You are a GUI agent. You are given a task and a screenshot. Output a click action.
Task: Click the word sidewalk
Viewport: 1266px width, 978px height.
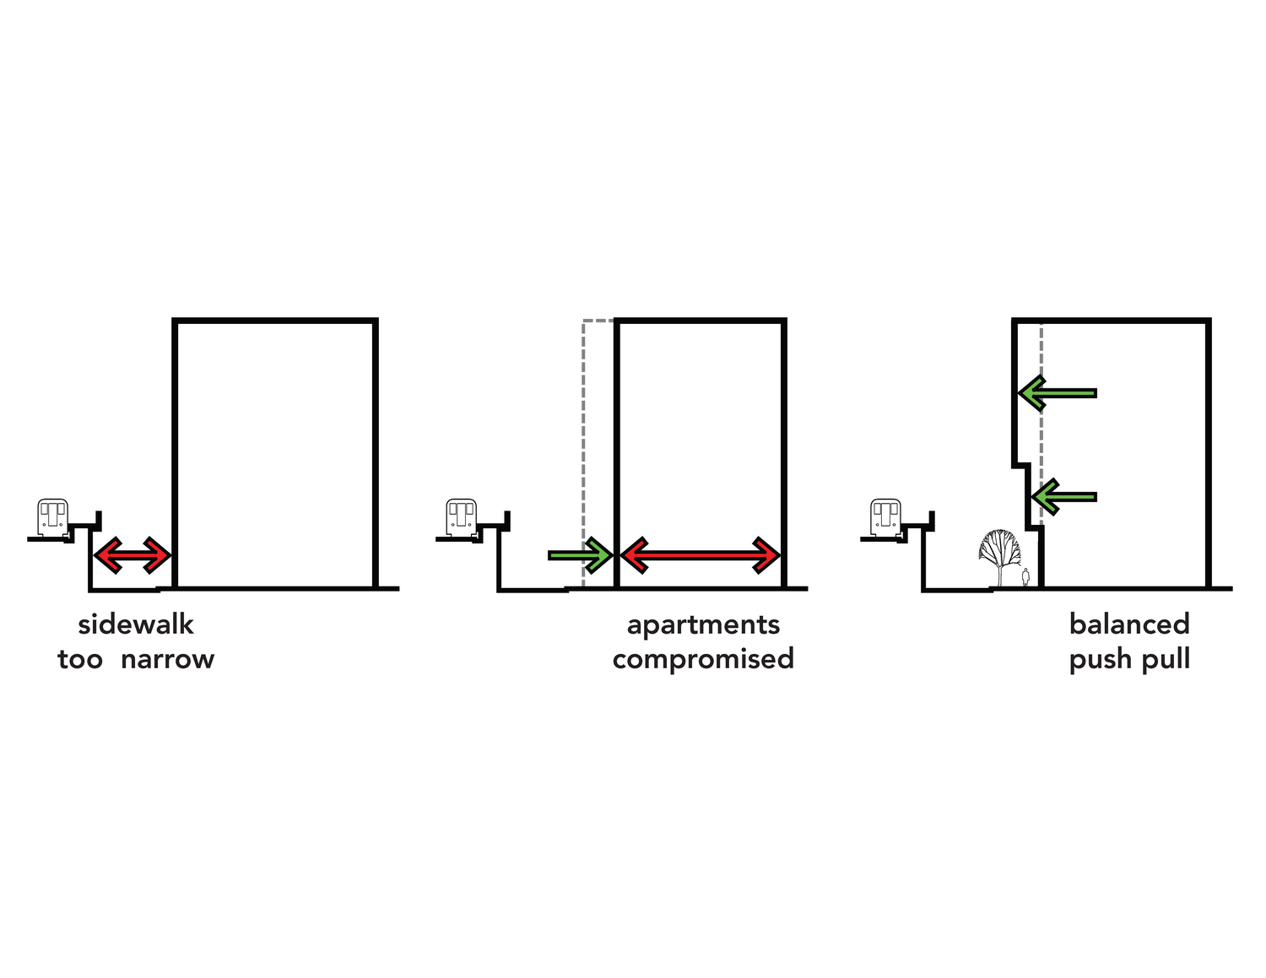pos(136,624)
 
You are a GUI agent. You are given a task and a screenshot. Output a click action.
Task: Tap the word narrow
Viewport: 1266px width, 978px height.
pos(167,659)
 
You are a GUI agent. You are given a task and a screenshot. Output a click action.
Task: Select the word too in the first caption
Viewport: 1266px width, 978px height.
pos(79,659)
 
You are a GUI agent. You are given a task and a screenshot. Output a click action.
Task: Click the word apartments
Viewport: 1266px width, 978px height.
pos(703,624)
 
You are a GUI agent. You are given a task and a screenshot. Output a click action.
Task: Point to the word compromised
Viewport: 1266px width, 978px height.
pos(703,659)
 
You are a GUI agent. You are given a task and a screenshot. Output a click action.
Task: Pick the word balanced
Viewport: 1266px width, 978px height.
pos(1129,624)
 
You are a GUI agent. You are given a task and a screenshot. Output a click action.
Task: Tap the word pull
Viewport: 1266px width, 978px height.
pos(1166,659)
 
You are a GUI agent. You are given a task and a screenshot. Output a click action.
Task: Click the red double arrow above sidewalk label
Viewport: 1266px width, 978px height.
pos(133,555)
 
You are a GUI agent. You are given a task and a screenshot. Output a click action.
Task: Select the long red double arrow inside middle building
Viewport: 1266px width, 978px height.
pos(700,555)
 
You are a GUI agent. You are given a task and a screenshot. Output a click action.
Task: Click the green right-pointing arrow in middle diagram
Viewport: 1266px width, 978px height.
pos(581,555)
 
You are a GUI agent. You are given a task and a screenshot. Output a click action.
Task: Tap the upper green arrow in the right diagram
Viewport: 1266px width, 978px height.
pos(1058,393)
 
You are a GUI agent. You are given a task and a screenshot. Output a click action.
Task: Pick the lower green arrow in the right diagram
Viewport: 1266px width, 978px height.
pos(1064,497)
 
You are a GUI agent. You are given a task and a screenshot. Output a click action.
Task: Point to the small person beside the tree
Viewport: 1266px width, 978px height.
pos(1025,578)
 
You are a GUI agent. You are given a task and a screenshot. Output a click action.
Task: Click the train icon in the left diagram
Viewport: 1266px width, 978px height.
pos(52,517)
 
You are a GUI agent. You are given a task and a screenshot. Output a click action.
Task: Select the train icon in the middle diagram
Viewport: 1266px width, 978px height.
pos(461,517)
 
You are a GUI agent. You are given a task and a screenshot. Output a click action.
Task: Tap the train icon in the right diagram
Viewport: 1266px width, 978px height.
pos(885,517)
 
